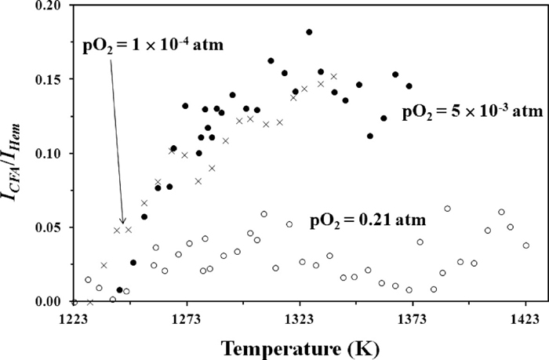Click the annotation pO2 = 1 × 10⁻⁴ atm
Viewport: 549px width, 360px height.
point(154,45)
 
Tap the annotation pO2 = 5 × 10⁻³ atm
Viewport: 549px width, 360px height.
point(472,112)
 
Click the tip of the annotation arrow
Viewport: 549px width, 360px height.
point(123,224)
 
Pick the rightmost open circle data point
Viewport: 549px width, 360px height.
point(525,245)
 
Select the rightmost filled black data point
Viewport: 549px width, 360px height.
point(409,86)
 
